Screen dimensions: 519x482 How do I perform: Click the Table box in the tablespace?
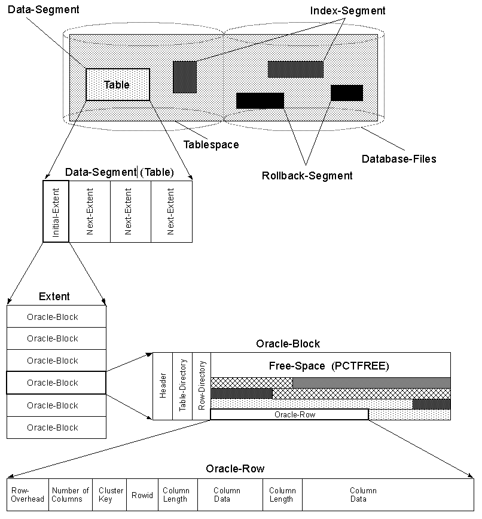click(x=117, y=84)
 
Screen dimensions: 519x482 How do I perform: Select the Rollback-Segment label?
click(x=307, y=175)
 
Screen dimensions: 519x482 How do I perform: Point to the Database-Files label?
click(x=399, y=159)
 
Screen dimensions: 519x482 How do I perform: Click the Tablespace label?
click(x=211, y=145)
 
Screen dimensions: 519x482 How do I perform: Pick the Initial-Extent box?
click(x=56, y=211)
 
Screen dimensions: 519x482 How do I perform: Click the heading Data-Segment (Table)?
click(x=120, y=172)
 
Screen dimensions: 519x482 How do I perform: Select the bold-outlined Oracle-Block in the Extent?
click(x=56, y=383)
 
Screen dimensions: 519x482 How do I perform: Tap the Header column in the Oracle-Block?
click(x=163, y=386)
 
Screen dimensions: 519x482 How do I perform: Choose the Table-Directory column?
click(x=182, y=386)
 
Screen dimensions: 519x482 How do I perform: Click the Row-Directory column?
click(x=202, y=386)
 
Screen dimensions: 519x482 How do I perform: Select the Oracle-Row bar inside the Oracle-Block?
click(x=289, y=414)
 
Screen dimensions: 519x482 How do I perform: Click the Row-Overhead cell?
click(x=28, y=494)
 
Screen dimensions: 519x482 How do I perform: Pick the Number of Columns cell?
click(x=71, y=494)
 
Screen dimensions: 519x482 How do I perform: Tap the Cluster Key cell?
click(x=111, y=494)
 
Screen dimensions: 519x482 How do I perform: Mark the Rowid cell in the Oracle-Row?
click(x=142, y=495)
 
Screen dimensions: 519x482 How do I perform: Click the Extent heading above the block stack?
click(x=54, y=297)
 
